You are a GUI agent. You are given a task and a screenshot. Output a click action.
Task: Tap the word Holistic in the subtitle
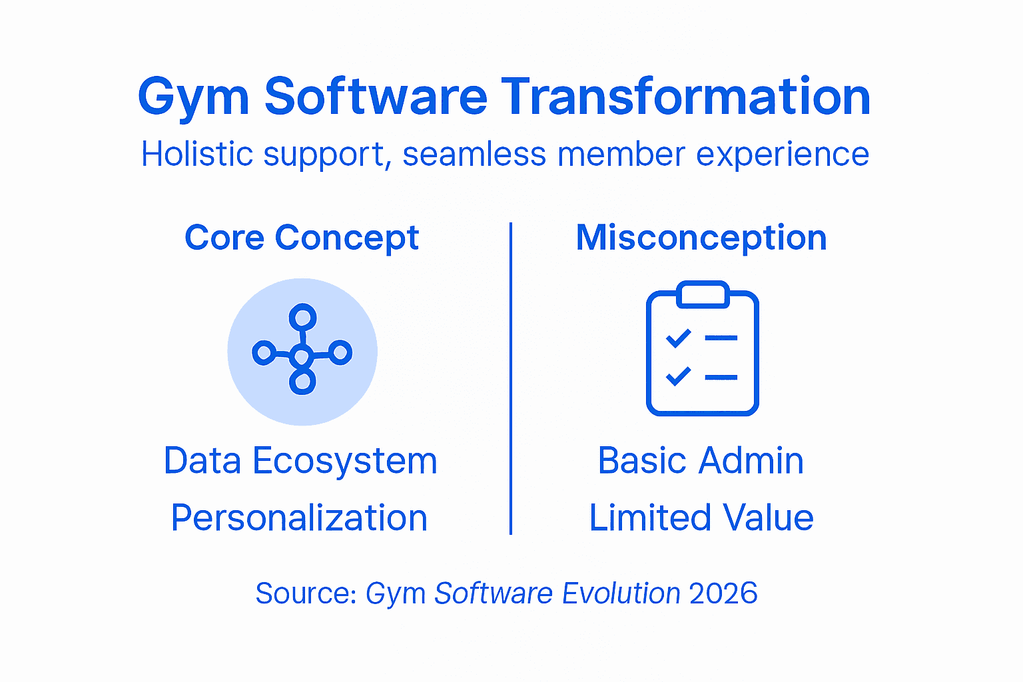point(197,154)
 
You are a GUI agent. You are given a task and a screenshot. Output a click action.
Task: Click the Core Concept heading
point(302,238)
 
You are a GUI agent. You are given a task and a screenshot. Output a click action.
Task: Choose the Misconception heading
point(701,238)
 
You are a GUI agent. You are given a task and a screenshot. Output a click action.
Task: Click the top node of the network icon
point(303,316)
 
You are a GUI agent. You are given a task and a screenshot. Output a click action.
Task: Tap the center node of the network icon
point(302,356)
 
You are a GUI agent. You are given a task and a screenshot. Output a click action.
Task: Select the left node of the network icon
point(264,352)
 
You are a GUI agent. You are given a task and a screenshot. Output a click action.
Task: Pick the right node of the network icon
point(340,352)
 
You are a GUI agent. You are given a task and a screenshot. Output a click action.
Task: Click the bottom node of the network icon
point(302,382)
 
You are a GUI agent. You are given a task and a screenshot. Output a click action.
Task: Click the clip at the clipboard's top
point(703,294)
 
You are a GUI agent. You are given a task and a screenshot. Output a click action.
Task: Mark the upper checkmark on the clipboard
point(679,338)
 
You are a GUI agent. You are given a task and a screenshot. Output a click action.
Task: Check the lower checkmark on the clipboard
point(679,376)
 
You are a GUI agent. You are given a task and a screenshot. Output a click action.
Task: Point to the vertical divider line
point(511,378)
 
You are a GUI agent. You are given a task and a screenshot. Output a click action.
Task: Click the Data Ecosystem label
point(300,460)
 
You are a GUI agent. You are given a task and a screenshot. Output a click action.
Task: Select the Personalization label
point(299,517)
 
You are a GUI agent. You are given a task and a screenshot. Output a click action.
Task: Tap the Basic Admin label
point(701,460)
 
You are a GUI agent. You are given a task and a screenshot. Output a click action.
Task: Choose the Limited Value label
point(701,517)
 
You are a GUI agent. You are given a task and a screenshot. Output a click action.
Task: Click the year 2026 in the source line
point(723,593)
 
